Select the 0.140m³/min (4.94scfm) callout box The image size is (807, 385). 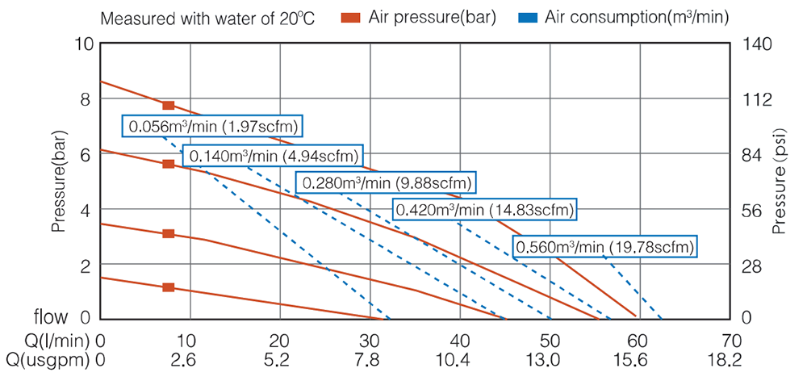273,155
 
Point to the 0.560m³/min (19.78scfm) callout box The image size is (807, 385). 605,247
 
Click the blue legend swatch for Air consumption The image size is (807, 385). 528,16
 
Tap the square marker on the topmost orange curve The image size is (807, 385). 168,106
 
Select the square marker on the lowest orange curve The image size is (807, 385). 168,287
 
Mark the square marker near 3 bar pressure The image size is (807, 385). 168,233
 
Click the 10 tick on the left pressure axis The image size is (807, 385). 86,44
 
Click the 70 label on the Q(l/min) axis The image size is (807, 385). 731,341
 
